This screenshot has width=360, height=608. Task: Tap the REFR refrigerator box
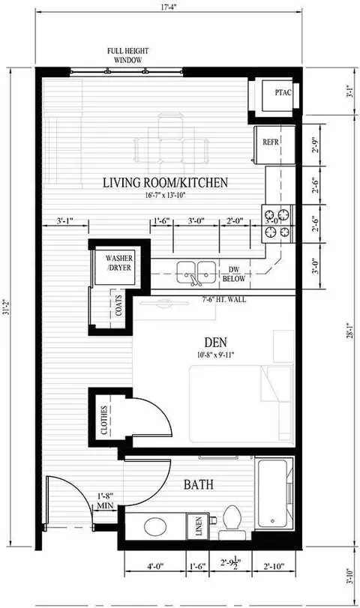[271, 140]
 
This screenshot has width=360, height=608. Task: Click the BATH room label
[199, 485]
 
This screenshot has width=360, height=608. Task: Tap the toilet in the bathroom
[232, 519]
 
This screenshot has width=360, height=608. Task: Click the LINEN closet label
[199, 526]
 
